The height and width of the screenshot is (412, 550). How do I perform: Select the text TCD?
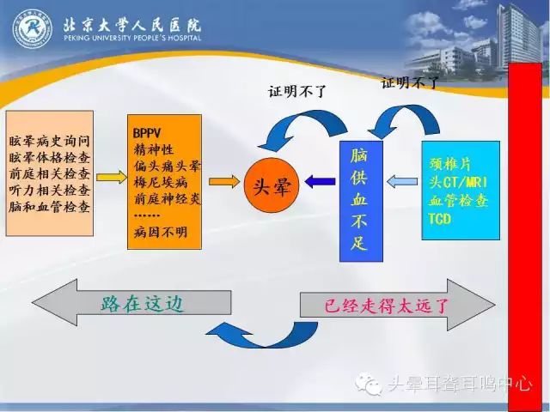[x=439, y=218]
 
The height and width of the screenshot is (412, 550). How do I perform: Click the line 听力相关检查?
[x=50, y=190]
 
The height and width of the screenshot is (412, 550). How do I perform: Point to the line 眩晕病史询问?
[x=50, y=139]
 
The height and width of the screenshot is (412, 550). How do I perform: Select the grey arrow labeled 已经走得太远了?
[x=395, y=305]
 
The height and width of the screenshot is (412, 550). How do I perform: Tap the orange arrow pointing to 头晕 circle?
[x=222, y=181]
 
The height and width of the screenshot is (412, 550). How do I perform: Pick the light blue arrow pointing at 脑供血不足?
[x=400, y=181]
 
